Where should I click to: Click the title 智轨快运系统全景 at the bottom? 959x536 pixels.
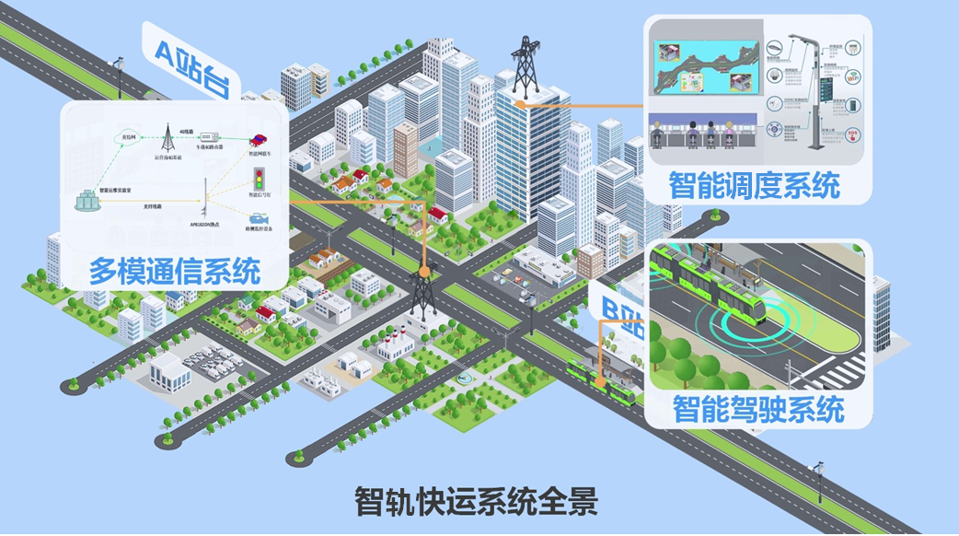[476, 501]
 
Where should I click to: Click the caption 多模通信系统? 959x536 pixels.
[174, 271]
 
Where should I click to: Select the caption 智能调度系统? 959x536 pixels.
[754, 186]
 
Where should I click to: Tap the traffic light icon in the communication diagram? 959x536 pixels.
[259, 177]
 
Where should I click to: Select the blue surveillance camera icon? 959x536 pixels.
[257, 218]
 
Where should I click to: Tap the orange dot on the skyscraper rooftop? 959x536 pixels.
[521, 104]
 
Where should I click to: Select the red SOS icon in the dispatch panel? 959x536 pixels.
[853, 134]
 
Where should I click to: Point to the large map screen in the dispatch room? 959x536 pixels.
[703, 69]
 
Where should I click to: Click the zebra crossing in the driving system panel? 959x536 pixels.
[842, 372]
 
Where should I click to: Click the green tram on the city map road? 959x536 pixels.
[603, 381]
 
